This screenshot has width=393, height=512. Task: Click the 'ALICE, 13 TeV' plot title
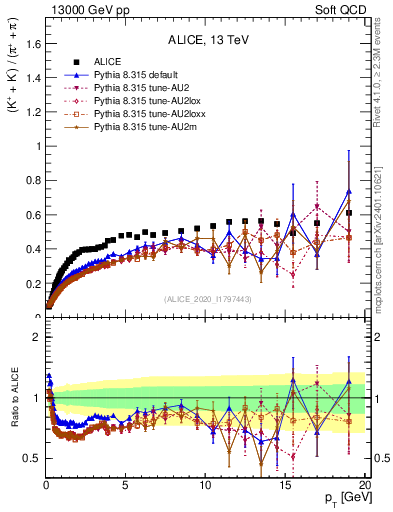(x=208, y=41)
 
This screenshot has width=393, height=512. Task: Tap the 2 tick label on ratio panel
(x=36, y=337)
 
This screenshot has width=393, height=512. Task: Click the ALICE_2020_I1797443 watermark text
(x=208, y=299)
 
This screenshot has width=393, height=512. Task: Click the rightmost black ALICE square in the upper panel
(x=349, y=213)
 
